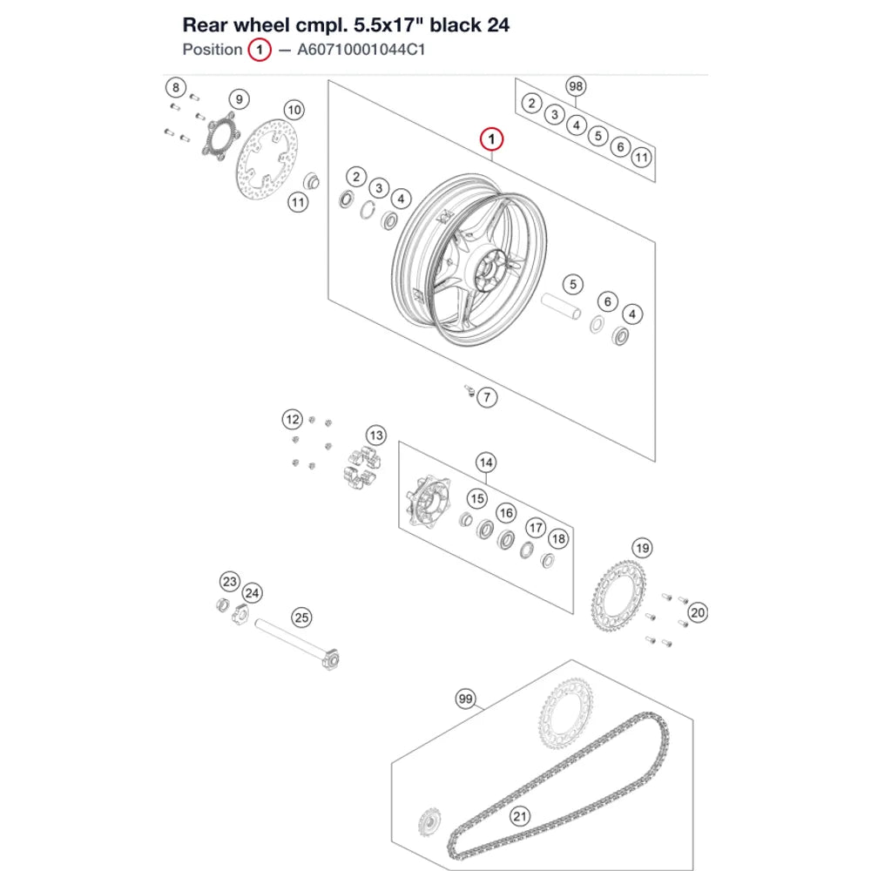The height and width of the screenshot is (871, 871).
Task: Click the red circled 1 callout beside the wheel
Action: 491,138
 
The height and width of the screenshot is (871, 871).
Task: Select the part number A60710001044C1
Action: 361,50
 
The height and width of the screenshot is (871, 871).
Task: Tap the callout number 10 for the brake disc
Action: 294,110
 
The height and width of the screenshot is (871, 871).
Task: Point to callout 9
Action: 240,99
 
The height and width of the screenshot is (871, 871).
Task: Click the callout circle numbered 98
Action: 576,86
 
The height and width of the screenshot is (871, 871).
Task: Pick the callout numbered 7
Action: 487,397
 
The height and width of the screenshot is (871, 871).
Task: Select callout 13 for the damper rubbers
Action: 376,435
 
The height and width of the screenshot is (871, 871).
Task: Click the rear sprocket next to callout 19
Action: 618,597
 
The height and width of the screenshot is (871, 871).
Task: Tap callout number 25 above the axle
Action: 301,618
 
